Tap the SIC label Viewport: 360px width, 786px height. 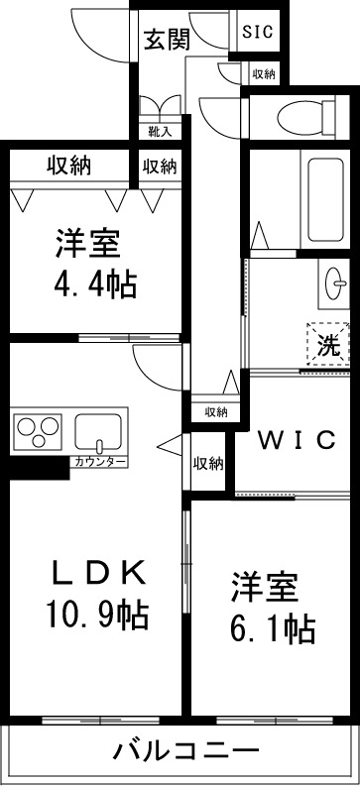point(259,31)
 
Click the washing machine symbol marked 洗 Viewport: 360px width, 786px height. point(327,345)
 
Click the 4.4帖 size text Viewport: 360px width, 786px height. point(94,284)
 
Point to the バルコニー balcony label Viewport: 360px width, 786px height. point(184,750)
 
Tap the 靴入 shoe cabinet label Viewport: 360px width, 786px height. point(160,130)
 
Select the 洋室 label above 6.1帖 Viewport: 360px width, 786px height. point(266,587)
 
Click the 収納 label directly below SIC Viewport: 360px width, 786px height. point(263,73)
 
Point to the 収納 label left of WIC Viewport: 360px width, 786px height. point(208,463)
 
